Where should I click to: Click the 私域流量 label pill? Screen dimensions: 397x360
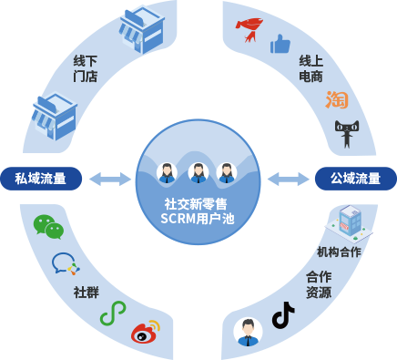(41, 179)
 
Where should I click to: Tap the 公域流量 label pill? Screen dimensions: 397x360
(355, 179)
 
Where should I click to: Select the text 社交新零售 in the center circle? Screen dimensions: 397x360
(198, 204)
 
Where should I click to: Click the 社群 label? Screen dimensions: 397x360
(86, 293)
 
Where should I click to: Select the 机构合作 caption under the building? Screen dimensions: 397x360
(339, 252)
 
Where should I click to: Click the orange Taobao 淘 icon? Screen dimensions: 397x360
(337, 99)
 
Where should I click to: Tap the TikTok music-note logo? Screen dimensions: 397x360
(283, 315)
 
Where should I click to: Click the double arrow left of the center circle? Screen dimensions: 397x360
(110, 179)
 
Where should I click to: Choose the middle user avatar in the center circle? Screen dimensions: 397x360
(198, 172)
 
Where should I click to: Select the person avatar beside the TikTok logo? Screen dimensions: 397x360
(248, 331)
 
